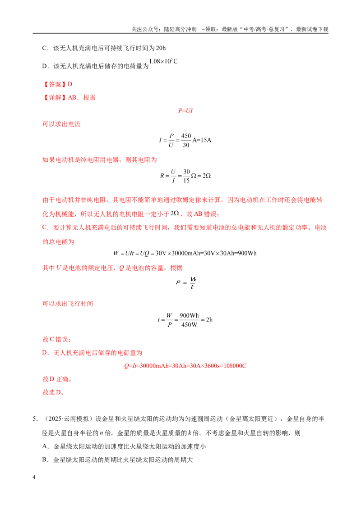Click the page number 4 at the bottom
[34, 477]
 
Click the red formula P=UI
[185, 110]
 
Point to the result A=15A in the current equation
[202, 140]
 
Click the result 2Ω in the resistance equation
[207, 176]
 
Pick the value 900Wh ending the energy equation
[247, 253]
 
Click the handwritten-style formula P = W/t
[186, 282]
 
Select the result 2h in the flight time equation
[209, 319]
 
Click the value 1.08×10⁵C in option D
[163, 61]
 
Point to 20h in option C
[161, 48]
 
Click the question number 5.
[35, 419]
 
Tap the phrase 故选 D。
[53, 392]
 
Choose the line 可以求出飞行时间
[68, 304]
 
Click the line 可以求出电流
[61, 124]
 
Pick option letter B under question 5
[45, 460]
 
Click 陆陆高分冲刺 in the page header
[180, 29]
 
